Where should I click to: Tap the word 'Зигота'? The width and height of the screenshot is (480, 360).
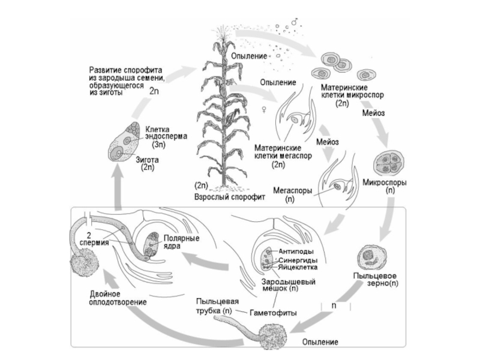pyautogui.click(x=148, y=160)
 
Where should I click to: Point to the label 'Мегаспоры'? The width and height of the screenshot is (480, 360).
pyautogui.click(x=293, y=188)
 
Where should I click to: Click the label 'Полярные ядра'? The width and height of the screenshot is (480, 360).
pyautogui.click(x=181, y=242)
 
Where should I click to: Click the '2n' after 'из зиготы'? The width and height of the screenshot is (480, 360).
pyautogui.click(x=154, y=92)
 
